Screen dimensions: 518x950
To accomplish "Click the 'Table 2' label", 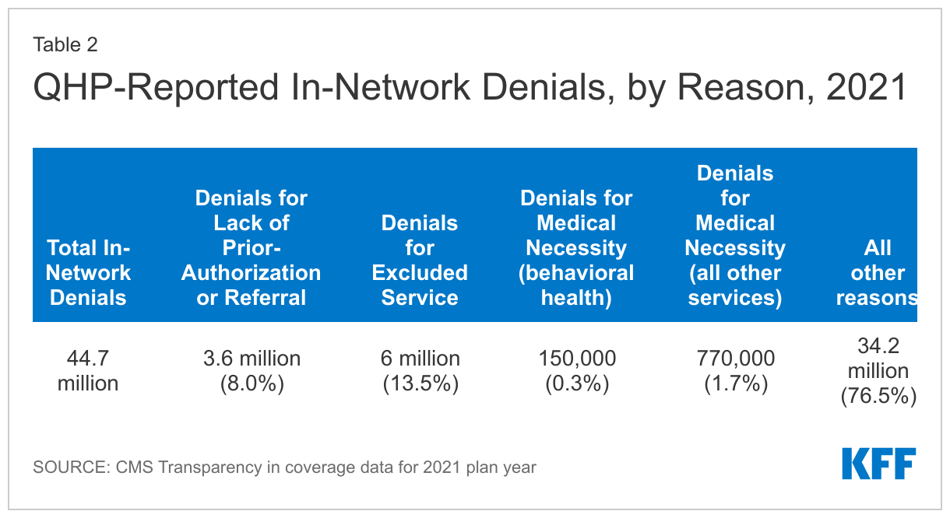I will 65,44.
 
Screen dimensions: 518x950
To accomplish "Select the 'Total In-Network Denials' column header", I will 88,272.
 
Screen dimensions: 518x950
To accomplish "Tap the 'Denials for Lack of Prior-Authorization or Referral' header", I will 251,247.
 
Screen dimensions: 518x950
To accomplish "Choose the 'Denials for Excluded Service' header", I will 420,260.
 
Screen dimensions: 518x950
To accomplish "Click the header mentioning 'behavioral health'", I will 576,247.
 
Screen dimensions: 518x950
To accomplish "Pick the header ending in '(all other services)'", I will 734,235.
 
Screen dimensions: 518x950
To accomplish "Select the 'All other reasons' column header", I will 876,272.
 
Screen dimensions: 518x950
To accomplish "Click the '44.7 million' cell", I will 88,370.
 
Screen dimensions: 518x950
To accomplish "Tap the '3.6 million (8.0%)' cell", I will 251,370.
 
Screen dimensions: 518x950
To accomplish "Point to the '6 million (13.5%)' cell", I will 420,370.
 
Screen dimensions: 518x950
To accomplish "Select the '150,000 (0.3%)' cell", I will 576,370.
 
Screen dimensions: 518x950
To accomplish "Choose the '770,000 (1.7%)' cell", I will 734,370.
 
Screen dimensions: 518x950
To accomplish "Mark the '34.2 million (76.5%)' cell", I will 878,370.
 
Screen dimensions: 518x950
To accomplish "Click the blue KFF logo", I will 878,464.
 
